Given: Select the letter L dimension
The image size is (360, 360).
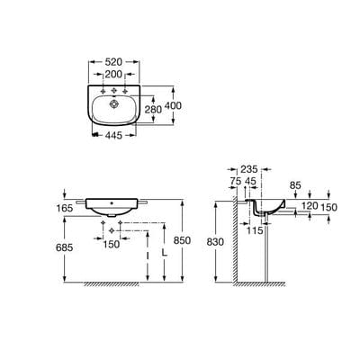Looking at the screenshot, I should [164, 255].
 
